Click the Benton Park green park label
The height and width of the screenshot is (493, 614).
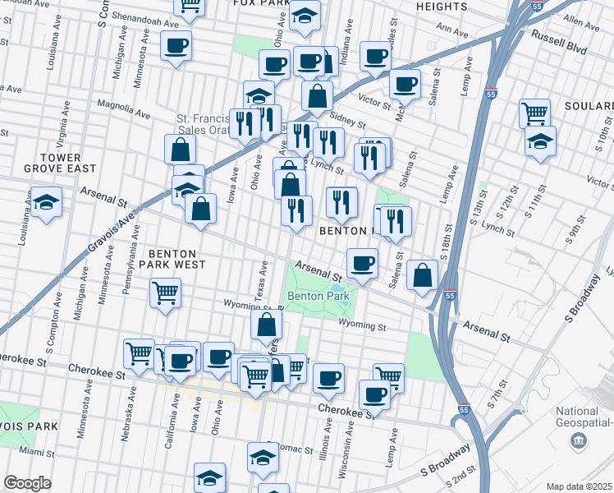tap(318, 296)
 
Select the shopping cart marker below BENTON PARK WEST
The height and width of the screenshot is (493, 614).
tap(166, 292)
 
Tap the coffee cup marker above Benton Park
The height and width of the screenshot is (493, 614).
tap(362, 263)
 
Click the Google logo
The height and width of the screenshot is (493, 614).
tap(27, 483)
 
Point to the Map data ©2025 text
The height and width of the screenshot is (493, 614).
tap(578, 486)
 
